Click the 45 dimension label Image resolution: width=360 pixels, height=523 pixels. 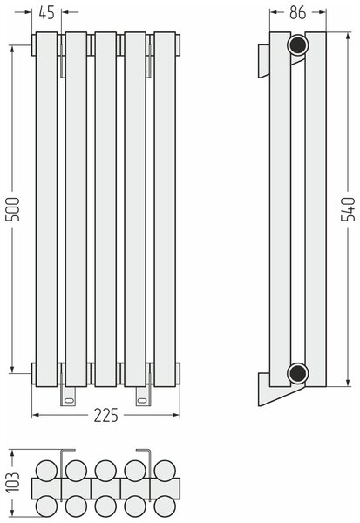(x=46, y=13)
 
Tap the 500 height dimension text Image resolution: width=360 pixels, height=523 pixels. (x=14, y=209)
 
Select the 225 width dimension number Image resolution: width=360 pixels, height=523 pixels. (x=105, y=415)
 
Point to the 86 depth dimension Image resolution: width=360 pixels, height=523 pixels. (x=297, y=13)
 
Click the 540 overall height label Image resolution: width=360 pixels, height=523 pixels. (x=348, y=209)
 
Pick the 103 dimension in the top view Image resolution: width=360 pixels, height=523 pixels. (x=13, y=482)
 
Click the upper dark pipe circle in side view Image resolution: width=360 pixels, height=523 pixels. (x=297, y=44)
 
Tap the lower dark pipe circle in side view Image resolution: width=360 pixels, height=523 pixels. (x=297, y=373)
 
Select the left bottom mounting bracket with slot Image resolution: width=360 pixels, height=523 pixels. (x=68, y=397)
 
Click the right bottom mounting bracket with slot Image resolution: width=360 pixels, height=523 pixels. (x=143, y=397)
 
